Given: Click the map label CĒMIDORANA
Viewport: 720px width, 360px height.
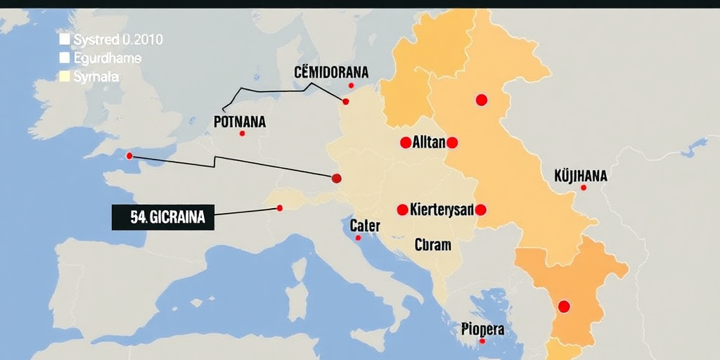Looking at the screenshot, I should tap(330, 72).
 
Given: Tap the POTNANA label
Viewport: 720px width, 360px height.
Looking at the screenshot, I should tap(239, 122).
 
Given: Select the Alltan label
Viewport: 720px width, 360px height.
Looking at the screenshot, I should tap(428, 143).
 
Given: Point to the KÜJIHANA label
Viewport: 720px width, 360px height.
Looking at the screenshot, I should tap(580, 175).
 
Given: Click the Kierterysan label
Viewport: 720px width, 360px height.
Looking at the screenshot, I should tap(441, 210).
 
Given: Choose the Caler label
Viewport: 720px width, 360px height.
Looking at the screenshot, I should tap(365, 226).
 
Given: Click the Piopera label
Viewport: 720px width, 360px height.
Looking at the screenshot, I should tap(482, 328).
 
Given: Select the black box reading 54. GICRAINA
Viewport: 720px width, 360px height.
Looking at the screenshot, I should tap(163, 218).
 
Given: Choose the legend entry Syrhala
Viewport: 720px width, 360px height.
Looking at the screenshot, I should tap(96, 77).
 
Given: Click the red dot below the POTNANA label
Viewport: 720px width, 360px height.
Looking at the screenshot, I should tap(242, 134).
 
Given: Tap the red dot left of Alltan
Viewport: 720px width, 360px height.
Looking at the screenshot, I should tap(405, 143).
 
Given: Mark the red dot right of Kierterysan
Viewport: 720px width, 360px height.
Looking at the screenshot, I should tap(481, 210).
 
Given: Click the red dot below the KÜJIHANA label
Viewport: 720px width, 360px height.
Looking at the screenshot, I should tap(584, 188).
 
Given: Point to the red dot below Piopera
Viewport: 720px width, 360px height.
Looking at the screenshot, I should tap(482, 341).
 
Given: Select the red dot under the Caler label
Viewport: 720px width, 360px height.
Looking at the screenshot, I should tap(358, 238).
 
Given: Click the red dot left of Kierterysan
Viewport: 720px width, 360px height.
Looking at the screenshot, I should tap(402, 210).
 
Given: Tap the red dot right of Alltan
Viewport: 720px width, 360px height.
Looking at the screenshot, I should tap(452, 143).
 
